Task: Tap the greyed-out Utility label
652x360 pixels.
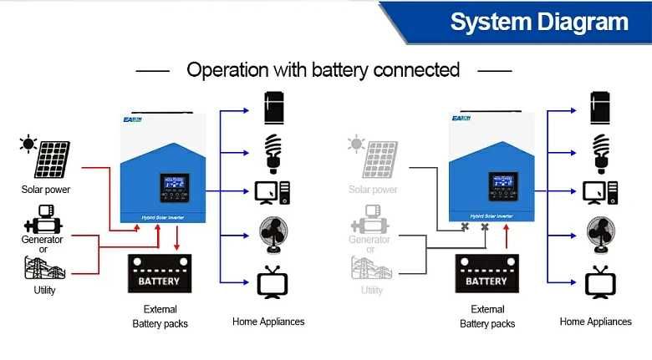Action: pos(371,291)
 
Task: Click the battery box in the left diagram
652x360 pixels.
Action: pos(159,275)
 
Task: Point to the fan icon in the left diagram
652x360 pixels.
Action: pos(272,235)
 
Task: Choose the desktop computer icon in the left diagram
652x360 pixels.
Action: pos(272,192)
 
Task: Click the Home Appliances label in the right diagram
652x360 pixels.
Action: pos(595,322)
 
